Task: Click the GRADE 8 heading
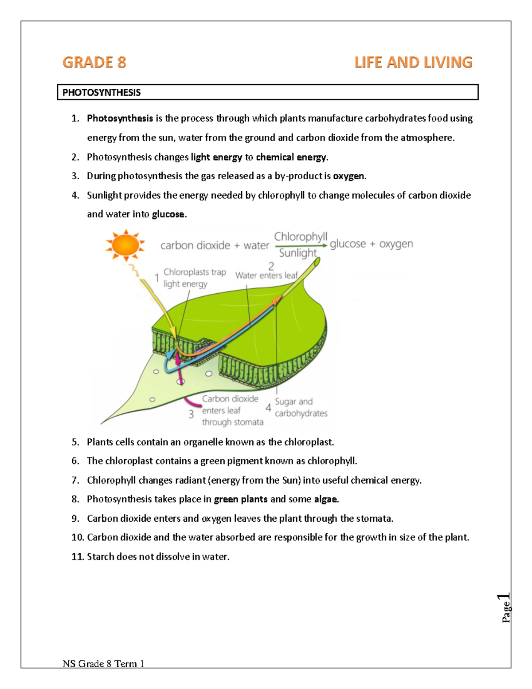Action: [x=94, y=62]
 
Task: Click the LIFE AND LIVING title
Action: [x=413, y=62]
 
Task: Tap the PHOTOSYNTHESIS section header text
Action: [x=102, y=92]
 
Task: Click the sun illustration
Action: [x=125, y=245]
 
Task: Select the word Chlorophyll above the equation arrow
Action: [x=301, y=236]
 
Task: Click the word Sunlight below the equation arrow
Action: [x=297, y=253]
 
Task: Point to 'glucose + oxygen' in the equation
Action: [x=372, y=244]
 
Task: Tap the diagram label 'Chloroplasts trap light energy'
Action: [x=194, y=278]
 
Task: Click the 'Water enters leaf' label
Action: [x=266, y=276]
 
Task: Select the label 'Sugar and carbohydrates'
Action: [x=301, y=407]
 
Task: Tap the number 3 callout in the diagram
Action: [x=191, y=414]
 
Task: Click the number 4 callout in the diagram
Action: [x=268, y=408]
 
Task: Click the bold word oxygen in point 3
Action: [x=349, y=176]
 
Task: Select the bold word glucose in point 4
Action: [x=168, y=214]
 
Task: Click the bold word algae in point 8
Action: [x=325, y=499]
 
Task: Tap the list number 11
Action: [x=77, y=556]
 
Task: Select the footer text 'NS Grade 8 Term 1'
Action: [x=103, y=664]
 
